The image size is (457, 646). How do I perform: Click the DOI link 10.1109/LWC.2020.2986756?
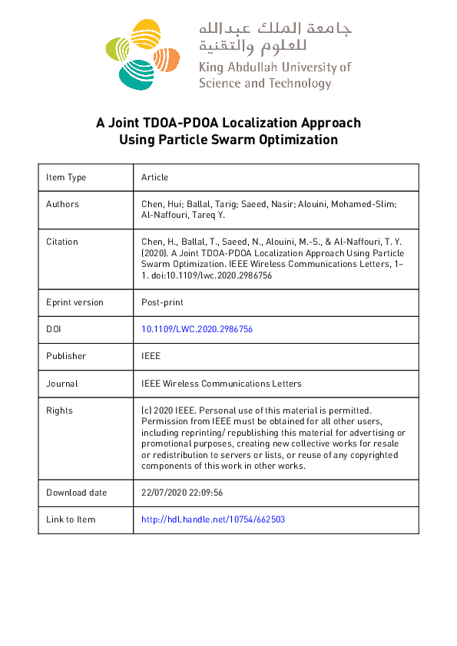197,329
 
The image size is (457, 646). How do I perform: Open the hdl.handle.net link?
214,520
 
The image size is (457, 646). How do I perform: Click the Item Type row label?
66,177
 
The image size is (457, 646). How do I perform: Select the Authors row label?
62,204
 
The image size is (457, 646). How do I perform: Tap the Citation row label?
62,242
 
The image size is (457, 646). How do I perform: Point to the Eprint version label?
75,302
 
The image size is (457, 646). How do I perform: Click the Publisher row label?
66,356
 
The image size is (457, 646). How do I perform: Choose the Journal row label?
62,384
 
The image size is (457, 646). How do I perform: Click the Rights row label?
60,410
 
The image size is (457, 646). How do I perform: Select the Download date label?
77,493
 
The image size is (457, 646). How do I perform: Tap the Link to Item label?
71,520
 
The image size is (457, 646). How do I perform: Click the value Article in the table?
154,177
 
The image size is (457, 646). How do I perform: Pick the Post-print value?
163,302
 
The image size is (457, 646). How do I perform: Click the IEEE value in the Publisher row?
151,356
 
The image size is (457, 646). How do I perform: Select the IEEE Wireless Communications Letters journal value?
221,384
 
